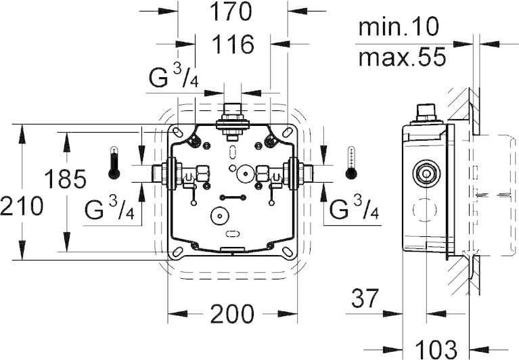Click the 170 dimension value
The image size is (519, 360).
(x=231, y=12)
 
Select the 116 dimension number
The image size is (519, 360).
(x=233, y=44)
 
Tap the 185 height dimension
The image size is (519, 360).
(x=65, y=179)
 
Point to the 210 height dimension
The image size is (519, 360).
(x=22, y=206)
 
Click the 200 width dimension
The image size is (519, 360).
(x=232, y=314)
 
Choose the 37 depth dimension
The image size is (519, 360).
(x=365, y=298)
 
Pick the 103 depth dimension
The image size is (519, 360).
(x=436, y=348)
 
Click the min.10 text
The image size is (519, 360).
(x=399, y=27)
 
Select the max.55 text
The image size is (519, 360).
(x=402, y=57)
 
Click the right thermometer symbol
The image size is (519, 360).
(x=351, y=162)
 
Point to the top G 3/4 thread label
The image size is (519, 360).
(x=173, y=77)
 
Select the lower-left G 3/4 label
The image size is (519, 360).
(x=109, y=209)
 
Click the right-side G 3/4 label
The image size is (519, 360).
(x=354, y=209)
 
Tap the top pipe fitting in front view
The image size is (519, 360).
(x=232, y=121)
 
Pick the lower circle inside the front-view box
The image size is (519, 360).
(x=219, y=216)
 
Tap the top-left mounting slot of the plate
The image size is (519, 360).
(x=178, y=132)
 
